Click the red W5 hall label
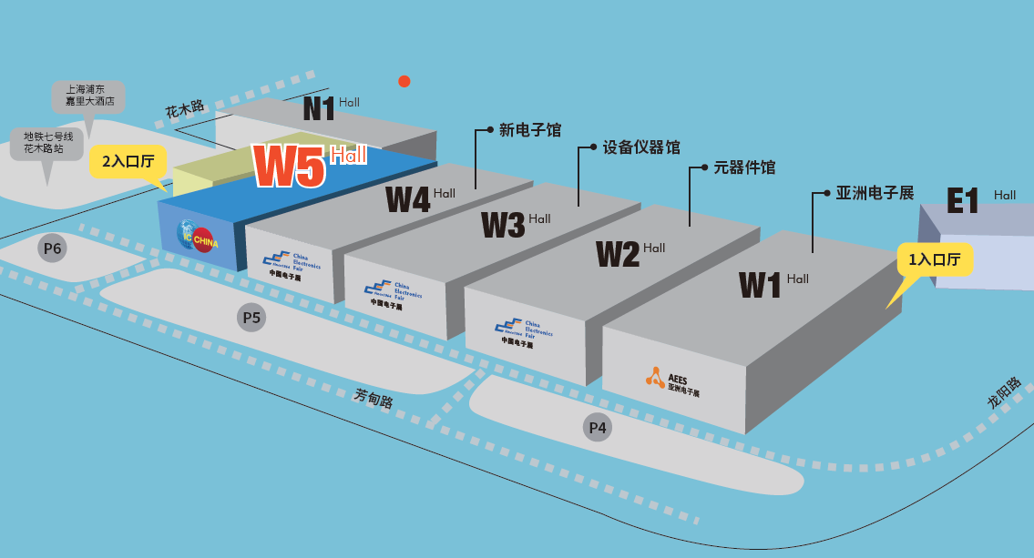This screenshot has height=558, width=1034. point(290,167)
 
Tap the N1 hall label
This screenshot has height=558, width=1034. point(319,109)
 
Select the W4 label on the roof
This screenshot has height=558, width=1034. point(407,198)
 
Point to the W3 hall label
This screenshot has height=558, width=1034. point(503,224)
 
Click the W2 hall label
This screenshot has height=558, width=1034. point(618,254)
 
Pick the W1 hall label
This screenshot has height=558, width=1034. point(761,285)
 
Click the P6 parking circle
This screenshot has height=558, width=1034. point(51,248)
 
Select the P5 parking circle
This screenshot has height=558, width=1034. point(251,318)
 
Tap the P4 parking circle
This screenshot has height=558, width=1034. point(598,427)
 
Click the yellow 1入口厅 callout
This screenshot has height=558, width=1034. point(935,260)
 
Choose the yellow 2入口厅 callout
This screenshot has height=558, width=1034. point(128,161)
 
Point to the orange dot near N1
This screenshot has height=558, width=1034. point(404,81)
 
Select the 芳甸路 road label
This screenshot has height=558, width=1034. point(374,398)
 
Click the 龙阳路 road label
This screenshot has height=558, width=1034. point(1005,393)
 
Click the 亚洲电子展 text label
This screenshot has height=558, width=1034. point(875,193)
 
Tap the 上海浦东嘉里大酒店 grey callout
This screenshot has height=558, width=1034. point(88,96)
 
